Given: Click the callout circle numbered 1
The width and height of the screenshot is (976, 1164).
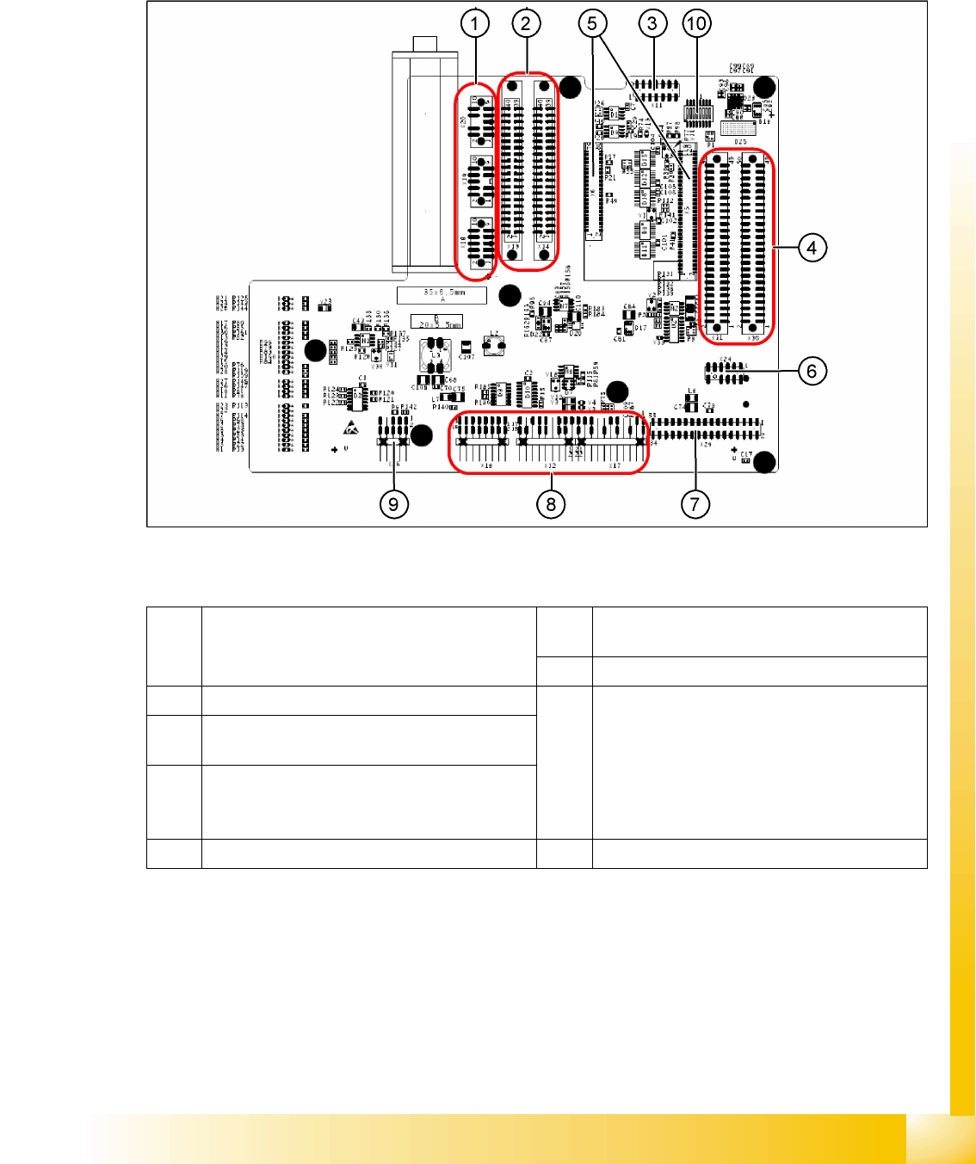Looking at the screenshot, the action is (x=474, y=23).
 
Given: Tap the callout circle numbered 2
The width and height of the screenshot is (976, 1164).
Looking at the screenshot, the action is (x=526, y=23).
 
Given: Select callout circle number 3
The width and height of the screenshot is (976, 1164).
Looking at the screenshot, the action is (x=652, y=23).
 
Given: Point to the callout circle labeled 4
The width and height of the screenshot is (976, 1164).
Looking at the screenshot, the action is (x=812, y=248).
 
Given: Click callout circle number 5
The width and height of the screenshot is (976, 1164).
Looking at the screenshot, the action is (x=592, y=23).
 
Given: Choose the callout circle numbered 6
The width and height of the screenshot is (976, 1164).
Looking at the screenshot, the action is (x=812, y=371).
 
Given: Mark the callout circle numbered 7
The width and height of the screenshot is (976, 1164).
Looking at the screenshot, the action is (x=695, y=503).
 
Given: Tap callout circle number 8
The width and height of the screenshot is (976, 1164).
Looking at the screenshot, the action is (x=551, y=503).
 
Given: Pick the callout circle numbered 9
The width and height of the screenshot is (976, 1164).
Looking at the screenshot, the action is (x=393, y=503).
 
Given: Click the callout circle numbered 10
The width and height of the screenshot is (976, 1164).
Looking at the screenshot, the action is (x=696, y=23).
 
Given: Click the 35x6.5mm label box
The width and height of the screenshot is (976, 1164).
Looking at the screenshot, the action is (x=442, y=295).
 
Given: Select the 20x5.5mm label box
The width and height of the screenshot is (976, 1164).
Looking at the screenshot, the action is (x=436, y=322).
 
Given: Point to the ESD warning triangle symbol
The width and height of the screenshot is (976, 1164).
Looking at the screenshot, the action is (x=351, y=427).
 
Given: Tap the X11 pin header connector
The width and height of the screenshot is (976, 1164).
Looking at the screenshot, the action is (x=656, y=89).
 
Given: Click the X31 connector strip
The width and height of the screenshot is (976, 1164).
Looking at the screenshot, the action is (x=716, y=245).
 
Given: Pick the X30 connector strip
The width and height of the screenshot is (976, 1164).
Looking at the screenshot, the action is (x=753, y=245).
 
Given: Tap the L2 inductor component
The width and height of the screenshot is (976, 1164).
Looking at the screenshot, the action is (x=494, y=342).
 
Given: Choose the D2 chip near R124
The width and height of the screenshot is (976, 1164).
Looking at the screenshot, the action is (x=357, y=396).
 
